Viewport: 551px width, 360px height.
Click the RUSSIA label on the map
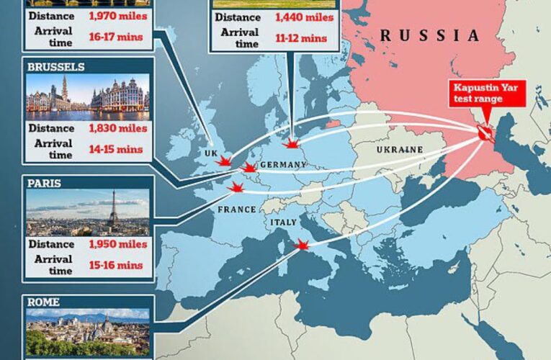tap(429, 35)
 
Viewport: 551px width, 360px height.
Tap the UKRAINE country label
tap(399, 149)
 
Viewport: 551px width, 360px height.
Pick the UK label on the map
tap(210, 154)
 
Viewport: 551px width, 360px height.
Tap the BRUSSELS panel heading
tap(56, 67)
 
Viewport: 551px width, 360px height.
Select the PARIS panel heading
tap(44, 184)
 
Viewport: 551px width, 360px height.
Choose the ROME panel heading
tap(44, 301)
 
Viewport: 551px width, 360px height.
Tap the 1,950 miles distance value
tap(118, 244)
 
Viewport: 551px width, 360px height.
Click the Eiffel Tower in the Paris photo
tap(112, 211)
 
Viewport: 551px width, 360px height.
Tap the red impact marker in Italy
tap(302, 246)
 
